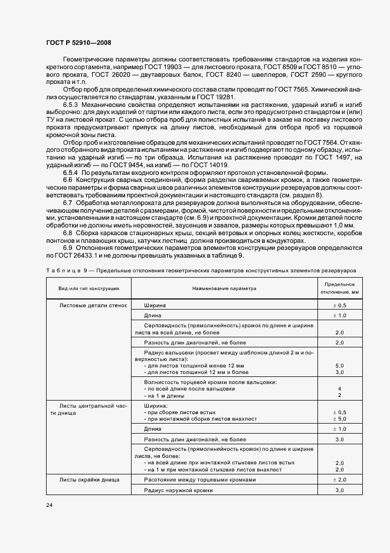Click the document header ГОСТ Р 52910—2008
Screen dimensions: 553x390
[x=78, y=43]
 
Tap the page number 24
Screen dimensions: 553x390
[x=48, y=505]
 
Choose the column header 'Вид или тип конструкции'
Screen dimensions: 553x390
[x=89, y=288]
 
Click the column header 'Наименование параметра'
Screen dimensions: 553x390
[x=224, y=288]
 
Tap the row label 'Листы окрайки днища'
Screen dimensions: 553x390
[x=90, y=480]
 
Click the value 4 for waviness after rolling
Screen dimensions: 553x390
[x=339, y=389]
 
